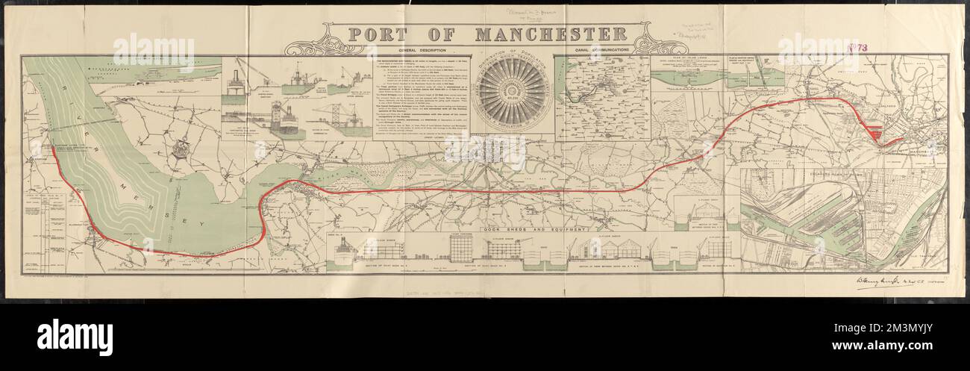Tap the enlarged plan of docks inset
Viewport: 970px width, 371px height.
843,220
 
